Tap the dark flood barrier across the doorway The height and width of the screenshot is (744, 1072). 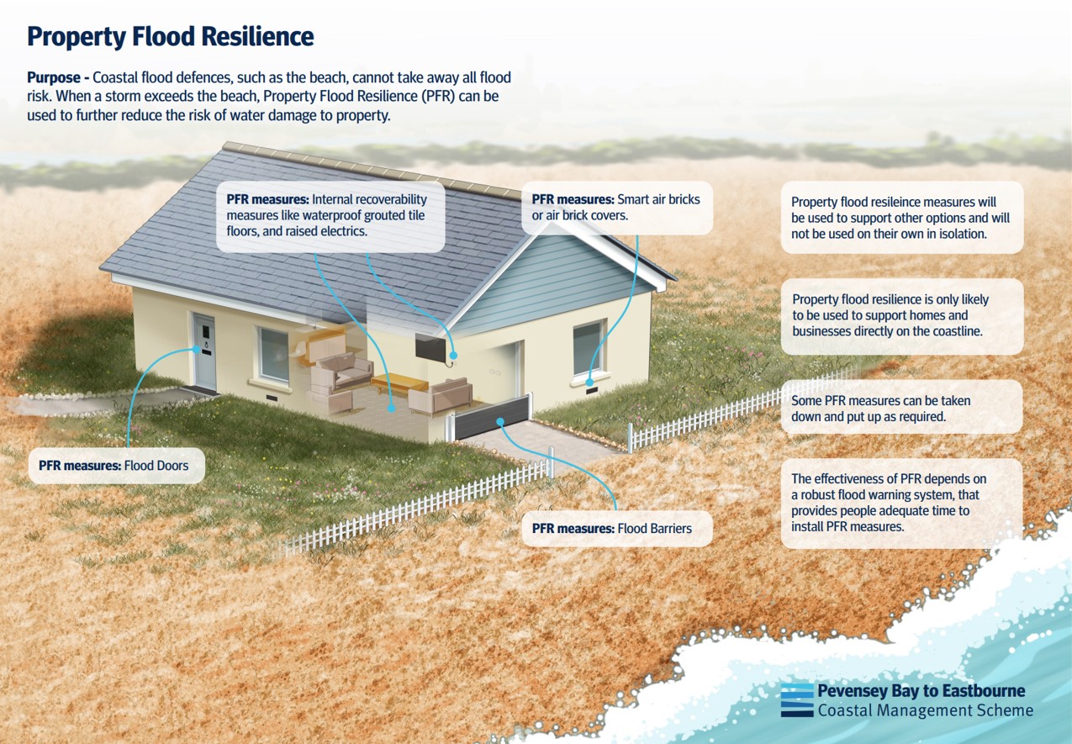tap(493, 418)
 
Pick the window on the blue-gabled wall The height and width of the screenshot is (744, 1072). tap(589, 347)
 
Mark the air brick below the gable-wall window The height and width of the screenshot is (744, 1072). tap(590, 390)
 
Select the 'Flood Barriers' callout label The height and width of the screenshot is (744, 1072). tap(617, 529)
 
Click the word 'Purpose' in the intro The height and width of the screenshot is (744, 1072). tap(57, 77)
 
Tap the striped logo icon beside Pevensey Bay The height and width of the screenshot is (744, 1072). tap(796, 700)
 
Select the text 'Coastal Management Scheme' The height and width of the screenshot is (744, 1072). tap(925, 710)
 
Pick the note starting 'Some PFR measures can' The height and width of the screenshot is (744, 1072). tap(901, 408)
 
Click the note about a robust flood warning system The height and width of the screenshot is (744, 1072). tap(901, 503)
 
